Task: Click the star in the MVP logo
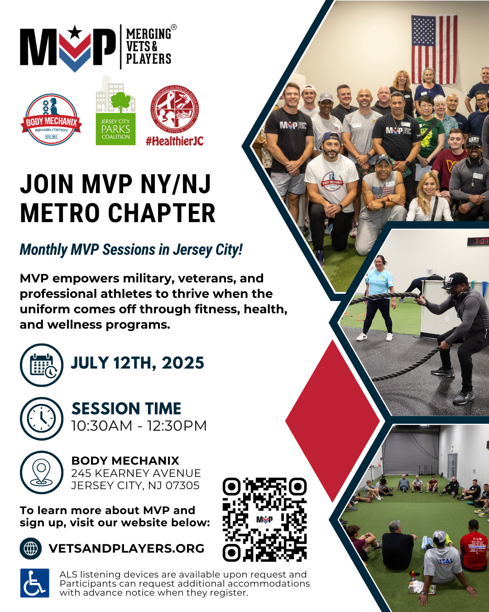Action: pyautogui.click(x=75, y=33)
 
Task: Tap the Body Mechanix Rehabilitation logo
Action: pyautogui.click(x=51, y=120)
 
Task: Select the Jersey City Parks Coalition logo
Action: pyautogui.click(x=115, y=112)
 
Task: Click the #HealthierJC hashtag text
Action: pyautogui.click(x=174, y=141)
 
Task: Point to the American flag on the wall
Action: pyautogui.click(x=434, y=49)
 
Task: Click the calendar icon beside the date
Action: pyautogui.click(x=42, y=365)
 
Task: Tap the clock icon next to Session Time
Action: pyautogui.click(x=42, y=418)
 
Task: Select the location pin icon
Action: pyautogui.click(x=42, y=472)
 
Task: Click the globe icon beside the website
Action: pyautogui.click(x=31, y=549)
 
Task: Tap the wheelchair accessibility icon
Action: pyautogui.click(x=35, y=583)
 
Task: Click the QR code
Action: pyautogui.click(x=264, y=520)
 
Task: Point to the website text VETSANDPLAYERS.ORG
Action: pyautogui.click(x=126, y=549)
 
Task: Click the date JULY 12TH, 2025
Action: pyautogui.click(x=137, y=363)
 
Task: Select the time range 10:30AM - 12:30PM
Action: pyautogui.click(x=139, y=426)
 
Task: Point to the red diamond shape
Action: pyautogui.click(x=333, y=421)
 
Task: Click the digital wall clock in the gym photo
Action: pyautogui.click(x=478, y=241)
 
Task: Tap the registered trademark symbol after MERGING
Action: pyautogui.click(x=174, y=27)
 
